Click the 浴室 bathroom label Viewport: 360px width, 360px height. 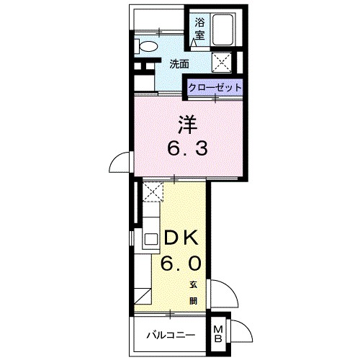pos(199,27)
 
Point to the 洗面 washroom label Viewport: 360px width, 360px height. pos(179,63)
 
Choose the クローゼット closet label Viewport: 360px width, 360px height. pos(215,87)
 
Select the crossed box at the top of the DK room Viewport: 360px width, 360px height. pos(153,190)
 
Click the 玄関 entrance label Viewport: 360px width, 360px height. pos(194,291)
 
